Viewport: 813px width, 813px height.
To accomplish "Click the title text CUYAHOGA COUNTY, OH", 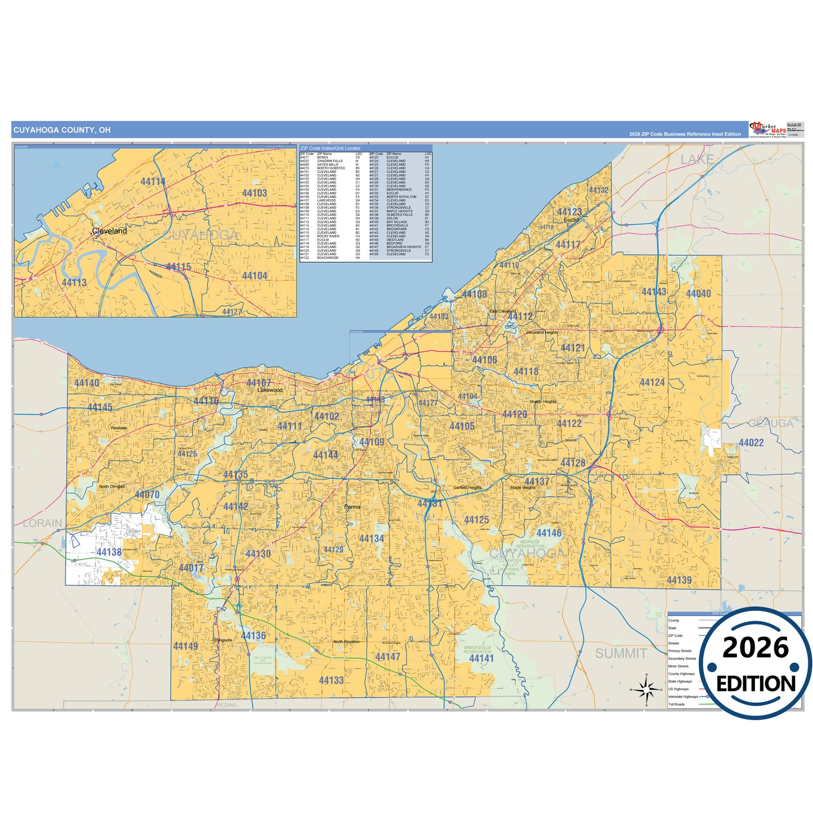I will tap(62, 130).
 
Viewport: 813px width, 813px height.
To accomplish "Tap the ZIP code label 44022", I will tap(751, 443).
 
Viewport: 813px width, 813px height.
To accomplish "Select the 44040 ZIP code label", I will tap(698, 293).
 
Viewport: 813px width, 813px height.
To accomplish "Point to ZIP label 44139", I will tap(679, 580).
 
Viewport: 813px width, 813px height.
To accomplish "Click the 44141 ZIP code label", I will tap(482, 658).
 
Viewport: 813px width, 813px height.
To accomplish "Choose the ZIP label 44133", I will tap(331, 680).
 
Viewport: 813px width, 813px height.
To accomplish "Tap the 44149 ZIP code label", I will tap(186, 646).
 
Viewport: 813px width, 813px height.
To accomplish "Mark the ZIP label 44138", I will tap(109, 552).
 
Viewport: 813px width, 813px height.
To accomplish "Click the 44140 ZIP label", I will tap(87, 383).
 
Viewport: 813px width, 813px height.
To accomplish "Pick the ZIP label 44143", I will tap(654, 291).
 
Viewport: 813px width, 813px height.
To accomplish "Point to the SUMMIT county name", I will tap(621, 653).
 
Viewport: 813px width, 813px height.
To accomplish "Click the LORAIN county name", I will tap(43, 523).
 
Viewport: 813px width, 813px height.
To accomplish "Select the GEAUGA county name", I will tap(770, 423).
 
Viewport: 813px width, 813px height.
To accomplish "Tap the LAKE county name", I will tap(697, 160).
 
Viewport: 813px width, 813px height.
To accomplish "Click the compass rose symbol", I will tap(646, 689).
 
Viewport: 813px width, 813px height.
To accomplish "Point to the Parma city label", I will tap(352, 507).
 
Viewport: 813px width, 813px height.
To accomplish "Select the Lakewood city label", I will tap(269, 390).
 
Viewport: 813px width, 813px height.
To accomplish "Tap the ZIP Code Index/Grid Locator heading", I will tap(330, 149).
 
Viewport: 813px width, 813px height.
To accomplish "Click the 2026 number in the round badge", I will tap(756, 648).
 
